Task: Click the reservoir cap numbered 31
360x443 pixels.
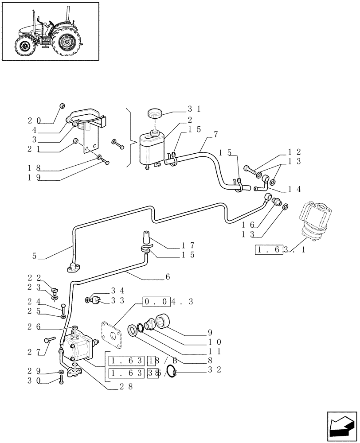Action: (155, 113)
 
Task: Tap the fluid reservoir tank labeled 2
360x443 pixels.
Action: (151, 148)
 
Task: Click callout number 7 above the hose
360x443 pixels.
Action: (215, 134)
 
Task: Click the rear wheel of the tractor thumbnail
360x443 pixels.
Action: (67, 43)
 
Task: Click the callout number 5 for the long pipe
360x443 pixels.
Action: (35, 256)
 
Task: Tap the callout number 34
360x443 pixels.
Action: (116, 290)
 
